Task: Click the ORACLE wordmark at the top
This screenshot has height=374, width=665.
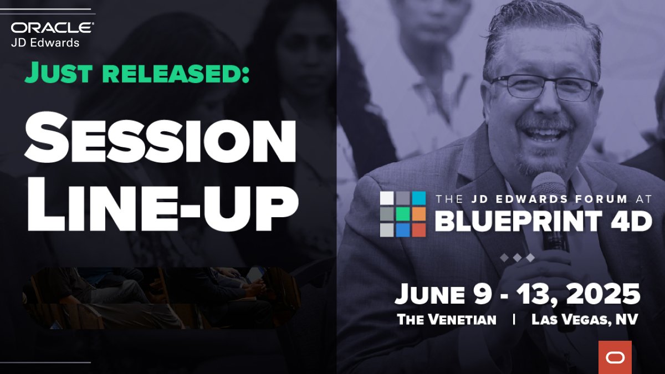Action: (53, 28)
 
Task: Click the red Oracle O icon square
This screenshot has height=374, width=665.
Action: (615, 357)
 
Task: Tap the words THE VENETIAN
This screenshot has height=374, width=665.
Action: (447, 320)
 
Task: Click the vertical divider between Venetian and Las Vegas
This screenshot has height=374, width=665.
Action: (514, 320)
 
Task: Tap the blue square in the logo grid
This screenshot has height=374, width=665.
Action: (403, 229)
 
